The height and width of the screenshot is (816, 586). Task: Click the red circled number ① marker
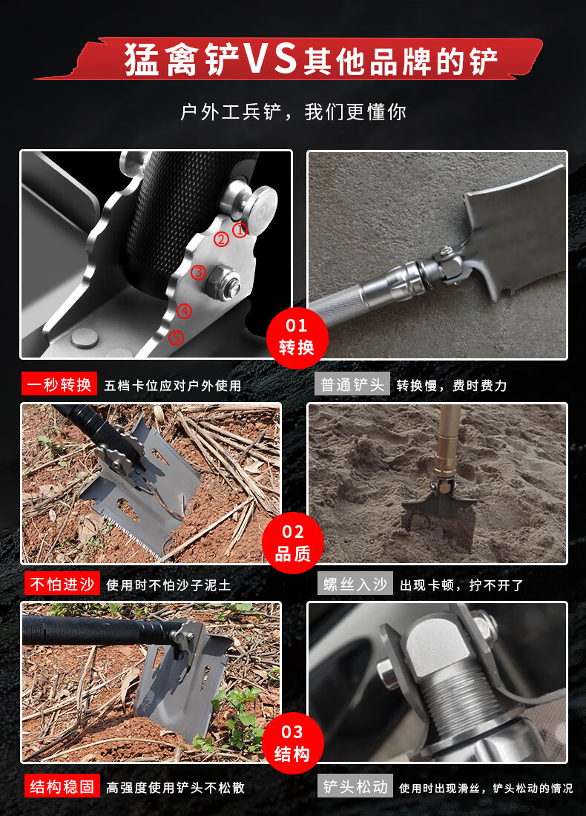pyautogui.click(x=240, y=229)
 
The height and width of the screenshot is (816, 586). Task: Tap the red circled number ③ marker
pyautogui.click(x=198, y=272)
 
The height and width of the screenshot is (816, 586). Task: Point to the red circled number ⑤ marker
pyautogui.click(x=177, y=338)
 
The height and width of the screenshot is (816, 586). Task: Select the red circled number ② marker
pyautogui.click(x=222, y=240)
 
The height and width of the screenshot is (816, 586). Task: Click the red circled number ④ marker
pyautogui.click(x=184, y=311)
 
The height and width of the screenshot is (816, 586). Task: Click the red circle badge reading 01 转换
pyautogui.click(x=297, y=338)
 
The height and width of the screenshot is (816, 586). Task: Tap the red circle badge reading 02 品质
pyautogui.click(x=293, y=543)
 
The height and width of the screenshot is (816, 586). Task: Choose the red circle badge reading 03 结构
pyautogui.click(x=292, y=743)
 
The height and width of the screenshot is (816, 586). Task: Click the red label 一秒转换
pyautogui.click(x=59, y=384)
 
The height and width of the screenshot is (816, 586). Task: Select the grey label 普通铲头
pyautogui.click(x=352, y=384)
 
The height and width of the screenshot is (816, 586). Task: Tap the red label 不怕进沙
pyautogui.click(x=62, y=584)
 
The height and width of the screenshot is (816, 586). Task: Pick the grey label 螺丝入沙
pyautogui.click(x=355, y=584)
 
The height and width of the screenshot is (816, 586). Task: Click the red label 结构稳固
pyautogui.click(x=62, y=786)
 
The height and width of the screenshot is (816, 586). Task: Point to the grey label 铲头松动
pyautogui.click(x=355, y=786)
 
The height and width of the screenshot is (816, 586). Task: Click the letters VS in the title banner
pyautogui.click(x=271, y=59)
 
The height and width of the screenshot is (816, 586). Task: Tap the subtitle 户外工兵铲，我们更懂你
pyautogui.click(x=293, y=112)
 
